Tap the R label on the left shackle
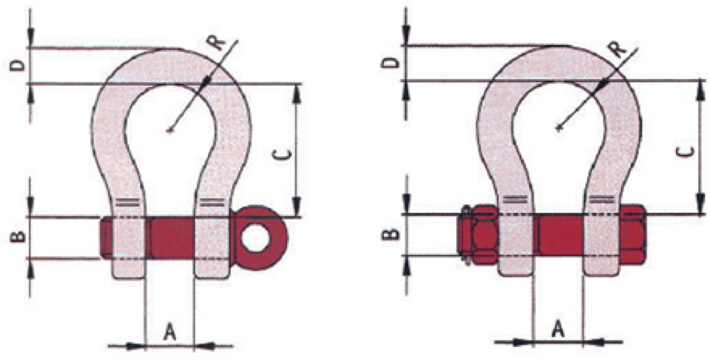pyautogui.click(x=217, y=42)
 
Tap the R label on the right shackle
pyautogui.click(x=619, y=49)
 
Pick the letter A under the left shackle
pyautogui.click(x=170, y=333)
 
